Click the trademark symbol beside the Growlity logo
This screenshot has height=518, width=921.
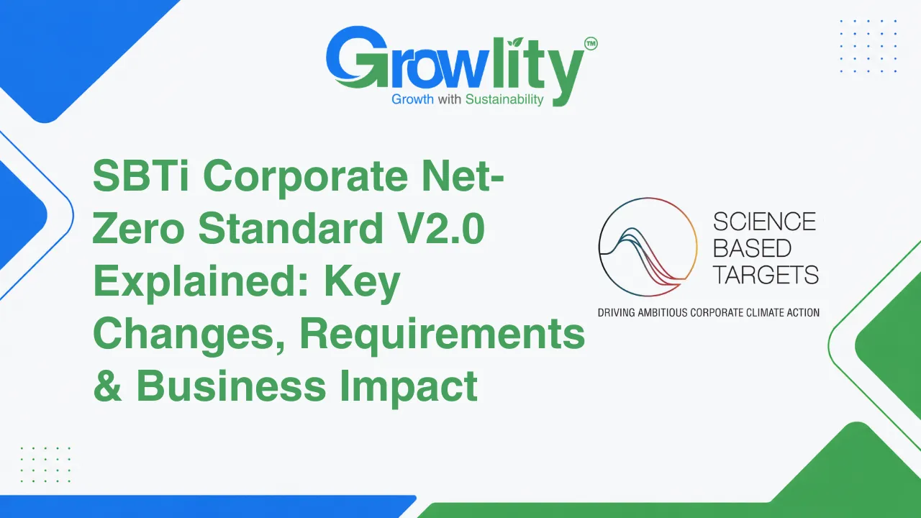[591, 44]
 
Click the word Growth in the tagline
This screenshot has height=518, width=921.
[412, 99]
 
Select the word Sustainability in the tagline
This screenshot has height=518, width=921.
[504, 99]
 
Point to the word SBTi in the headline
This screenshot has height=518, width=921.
[141, 175]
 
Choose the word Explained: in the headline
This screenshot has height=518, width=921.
[201, 283]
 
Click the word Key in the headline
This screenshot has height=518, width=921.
[362, 283]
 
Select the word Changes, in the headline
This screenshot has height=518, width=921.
[189, 336]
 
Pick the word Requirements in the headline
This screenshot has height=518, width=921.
[443, 335]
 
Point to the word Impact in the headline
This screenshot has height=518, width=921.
[409, 387]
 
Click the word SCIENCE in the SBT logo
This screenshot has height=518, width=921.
[764, 222]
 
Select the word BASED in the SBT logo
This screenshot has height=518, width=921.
[752, 248]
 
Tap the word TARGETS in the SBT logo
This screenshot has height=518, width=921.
[766, 274]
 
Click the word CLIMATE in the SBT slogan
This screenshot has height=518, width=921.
[757, 312]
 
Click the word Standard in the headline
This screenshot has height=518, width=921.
[291, 228]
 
